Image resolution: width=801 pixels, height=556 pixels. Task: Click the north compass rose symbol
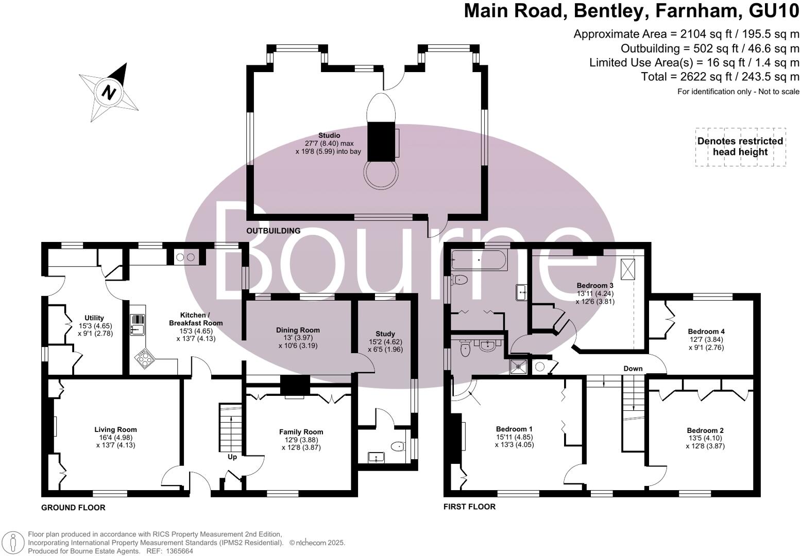(109, 92)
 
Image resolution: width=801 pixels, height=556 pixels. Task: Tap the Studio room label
(329, 135)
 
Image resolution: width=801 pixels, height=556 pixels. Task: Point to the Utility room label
(94, 318)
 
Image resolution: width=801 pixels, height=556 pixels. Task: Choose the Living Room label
(115, 429)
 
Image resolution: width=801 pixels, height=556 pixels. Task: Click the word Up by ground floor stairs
(232, 457)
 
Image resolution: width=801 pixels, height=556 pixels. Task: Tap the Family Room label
(301, 432)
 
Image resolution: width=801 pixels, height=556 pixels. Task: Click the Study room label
(385, 334)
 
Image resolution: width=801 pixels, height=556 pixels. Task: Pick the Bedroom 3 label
(594, 286)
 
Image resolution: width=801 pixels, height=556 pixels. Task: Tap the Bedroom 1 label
(514, 429)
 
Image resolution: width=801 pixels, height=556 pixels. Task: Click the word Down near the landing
(633, 369)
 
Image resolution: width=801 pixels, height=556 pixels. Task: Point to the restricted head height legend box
(740, 147)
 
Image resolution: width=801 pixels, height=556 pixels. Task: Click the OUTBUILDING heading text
(273, 231)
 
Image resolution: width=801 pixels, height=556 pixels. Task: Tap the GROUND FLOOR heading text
(73, 508)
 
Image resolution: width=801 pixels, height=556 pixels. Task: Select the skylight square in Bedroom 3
(628, 269)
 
